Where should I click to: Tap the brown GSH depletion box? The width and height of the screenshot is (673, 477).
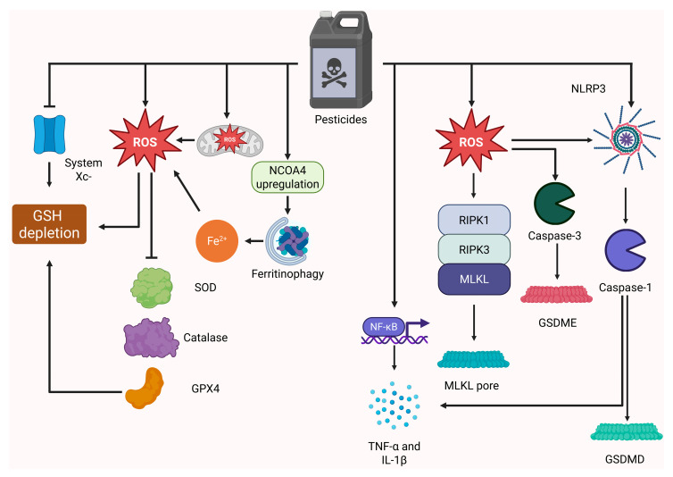49,224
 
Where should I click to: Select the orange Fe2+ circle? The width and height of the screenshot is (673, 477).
217,240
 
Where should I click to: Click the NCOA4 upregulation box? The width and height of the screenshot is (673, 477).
287,177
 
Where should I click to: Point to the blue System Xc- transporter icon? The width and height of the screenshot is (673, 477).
49,134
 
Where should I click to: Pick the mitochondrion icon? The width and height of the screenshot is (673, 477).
230,139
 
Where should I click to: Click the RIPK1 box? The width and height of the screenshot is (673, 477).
474,220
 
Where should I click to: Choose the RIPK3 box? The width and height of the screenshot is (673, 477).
474,250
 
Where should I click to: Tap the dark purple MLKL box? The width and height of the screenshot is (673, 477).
474,280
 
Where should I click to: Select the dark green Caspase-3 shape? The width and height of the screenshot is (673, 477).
553,204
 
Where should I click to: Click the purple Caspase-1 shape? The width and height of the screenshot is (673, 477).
624,250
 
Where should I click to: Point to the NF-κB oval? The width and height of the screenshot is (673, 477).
383,327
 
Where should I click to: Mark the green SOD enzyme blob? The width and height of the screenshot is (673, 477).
152,288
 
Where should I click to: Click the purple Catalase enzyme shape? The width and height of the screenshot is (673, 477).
151,338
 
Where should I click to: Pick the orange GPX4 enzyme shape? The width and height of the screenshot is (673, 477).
145,388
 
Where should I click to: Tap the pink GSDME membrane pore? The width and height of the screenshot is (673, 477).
557,295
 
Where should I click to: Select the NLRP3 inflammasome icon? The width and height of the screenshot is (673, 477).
627,138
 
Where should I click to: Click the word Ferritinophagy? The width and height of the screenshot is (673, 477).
287,274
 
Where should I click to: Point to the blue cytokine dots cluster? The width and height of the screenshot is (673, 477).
394,405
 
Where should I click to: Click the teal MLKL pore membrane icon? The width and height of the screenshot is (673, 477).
473,359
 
